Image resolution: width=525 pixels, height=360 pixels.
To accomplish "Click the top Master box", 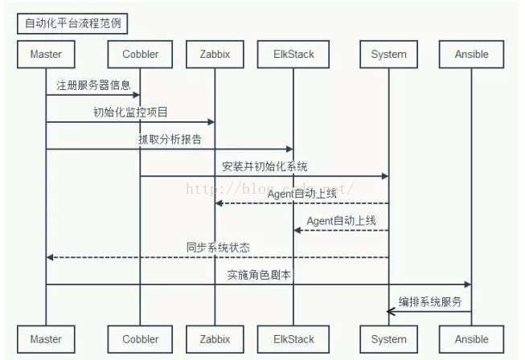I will [46, 55].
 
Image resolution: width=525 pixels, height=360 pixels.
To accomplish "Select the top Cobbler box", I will [141, 55].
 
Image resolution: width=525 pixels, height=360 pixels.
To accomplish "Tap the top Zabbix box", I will [215, 55].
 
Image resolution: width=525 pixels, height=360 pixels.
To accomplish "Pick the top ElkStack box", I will [293, 55].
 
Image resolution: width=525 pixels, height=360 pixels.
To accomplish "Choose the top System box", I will [388, 55].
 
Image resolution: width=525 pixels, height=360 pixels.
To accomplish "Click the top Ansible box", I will [471, 55].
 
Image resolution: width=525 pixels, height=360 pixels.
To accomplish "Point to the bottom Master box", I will [46, 339].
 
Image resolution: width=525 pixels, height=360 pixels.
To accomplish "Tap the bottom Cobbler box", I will [141, 339].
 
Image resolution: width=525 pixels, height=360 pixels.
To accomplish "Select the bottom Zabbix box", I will [215, 339].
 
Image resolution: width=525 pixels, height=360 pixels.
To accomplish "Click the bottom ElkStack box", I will [293, 339].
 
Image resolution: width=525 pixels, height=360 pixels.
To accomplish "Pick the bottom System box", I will [388, 339].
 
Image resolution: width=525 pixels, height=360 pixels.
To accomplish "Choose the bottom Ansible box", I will [471, 339].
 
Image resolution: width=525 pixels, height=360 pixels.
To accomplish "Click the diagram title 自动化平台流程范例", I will [72, 23].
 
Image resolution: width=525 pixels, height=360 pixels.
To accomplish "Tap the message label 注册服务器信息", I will [93, 84].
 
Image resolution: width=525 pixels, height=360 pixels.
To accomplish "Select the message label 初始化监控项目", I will [130, 112].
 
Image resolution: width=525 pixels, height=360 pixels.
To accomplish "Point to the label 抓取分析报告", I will [169, 139].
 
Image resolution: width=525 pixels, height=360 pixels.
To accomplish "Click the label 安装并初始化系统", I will [265, 166].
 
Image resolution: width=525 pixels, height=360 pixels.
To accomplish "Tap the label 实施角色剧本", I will [258, 275].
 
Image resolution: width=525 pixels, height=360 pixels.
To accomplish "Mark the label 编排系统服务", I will [430, 301].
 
